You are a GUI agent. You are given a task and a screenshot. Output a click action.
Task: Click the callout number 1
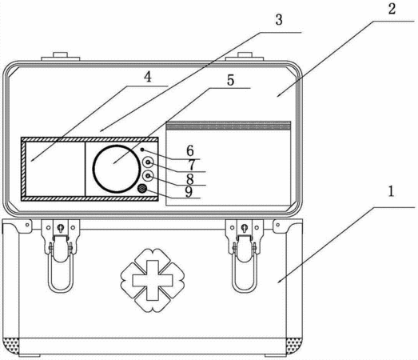click(391, 192)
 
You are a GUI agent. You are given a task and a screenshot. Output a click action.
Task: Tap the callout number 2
click(392, 9)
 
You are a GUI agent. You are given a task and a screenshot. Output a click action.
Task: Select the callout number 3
click(279, 20)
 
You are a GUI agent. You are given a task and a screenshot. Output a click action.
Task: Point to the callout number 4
click(147, 77)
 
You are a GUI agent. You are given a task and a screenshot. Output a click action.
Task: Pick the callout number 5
click(231, 80)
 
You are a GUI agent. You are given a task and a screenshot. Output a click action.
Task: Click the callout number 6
click(190, 150)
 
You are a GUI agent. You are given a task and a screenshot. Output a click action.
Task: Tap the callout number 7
click(192, 165)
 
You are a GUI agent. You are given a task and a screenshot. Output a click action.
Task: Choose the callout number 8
click(189, 178)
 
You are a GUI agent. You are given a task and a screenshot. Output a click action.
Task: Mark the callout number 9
click(189, 192)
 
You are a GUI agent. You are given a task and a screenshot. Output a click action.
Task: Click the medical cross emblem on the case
click(153, 280)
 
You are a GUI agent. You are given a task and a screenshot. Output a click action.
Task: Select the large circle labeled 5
click(116, 146)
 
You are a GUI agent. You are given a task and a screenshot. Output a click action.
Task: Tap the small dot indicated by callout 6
click(142, 150)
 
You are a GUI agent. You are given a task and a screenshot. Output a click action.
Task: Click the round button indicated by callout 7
click(148, 162)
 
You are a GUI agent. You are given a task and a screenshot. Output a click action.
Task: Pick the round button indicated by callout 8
click(148, 176)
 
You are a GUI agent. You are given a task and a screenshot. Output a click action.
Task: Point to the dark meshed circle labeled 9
click(141, 189)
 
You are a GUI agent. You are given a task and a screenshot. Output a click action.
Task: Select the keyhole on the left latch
click(61, 228)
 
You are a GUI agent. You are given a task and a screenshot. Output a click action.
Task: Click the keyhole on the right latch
click(245, 228)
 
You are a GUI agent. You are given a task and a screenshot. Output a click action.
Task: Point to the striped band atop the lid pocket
click(229, 125)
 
